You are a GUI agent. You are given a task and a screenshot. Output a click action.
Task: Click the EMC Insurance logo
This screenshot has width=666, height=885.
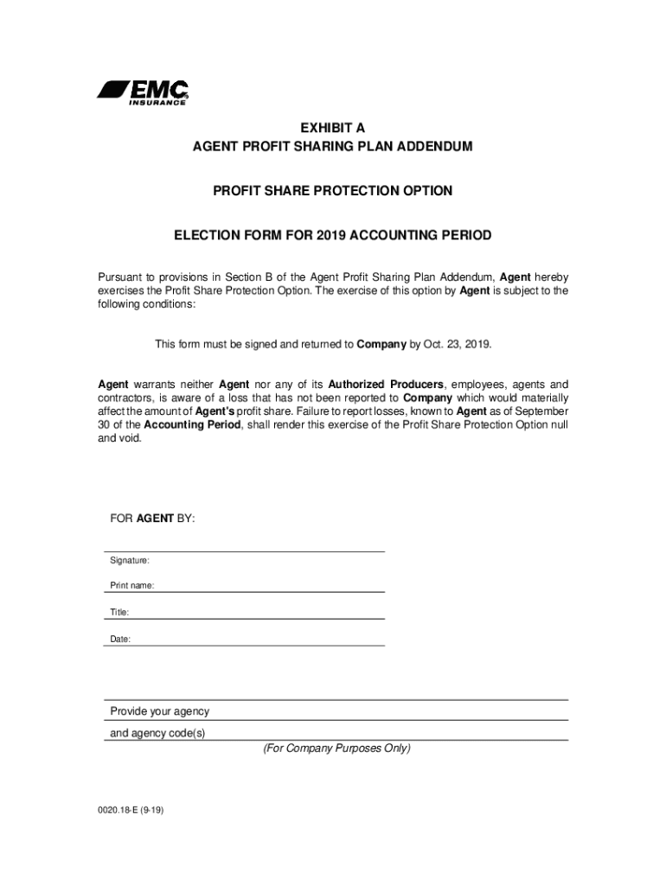(143, 92)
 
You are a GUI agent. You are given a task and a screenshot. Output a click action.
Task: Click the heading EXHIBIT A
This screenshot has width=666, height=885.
(332, 127)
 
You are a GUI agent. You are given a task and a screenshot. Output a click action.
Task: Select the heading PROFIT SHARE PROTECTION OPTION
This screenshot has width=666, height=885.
(332, 190)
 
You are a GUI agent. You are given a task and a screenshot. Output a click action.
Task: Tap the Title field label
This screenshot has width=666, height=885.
(118, 612)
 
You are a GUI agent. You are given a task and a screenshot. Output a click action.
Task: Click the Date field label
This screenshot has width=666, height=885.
(119, 639)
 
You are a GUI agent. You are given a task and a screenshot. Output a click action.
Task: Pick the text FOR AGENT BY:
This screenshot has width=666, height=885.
(152, 518)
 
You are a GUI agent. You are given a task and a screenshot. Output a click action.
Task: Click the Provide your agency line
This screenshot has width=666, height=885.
(159, 711)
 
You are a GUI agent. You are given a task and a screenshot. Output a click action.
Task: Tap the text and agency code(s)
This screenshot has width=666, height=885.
(157, 734)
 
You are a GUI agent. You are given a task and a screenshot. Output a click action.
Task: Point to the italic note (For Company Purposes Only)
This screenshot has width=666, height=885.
(336, 748)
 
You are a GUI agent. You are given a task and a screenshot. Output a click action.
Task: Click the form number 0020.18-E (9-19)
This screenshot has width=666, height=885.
(126, 812)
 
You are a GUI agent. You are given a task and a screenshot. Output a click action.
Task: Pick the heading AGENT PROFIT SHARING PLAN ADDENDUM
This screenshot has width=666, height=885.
(332, 147)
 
